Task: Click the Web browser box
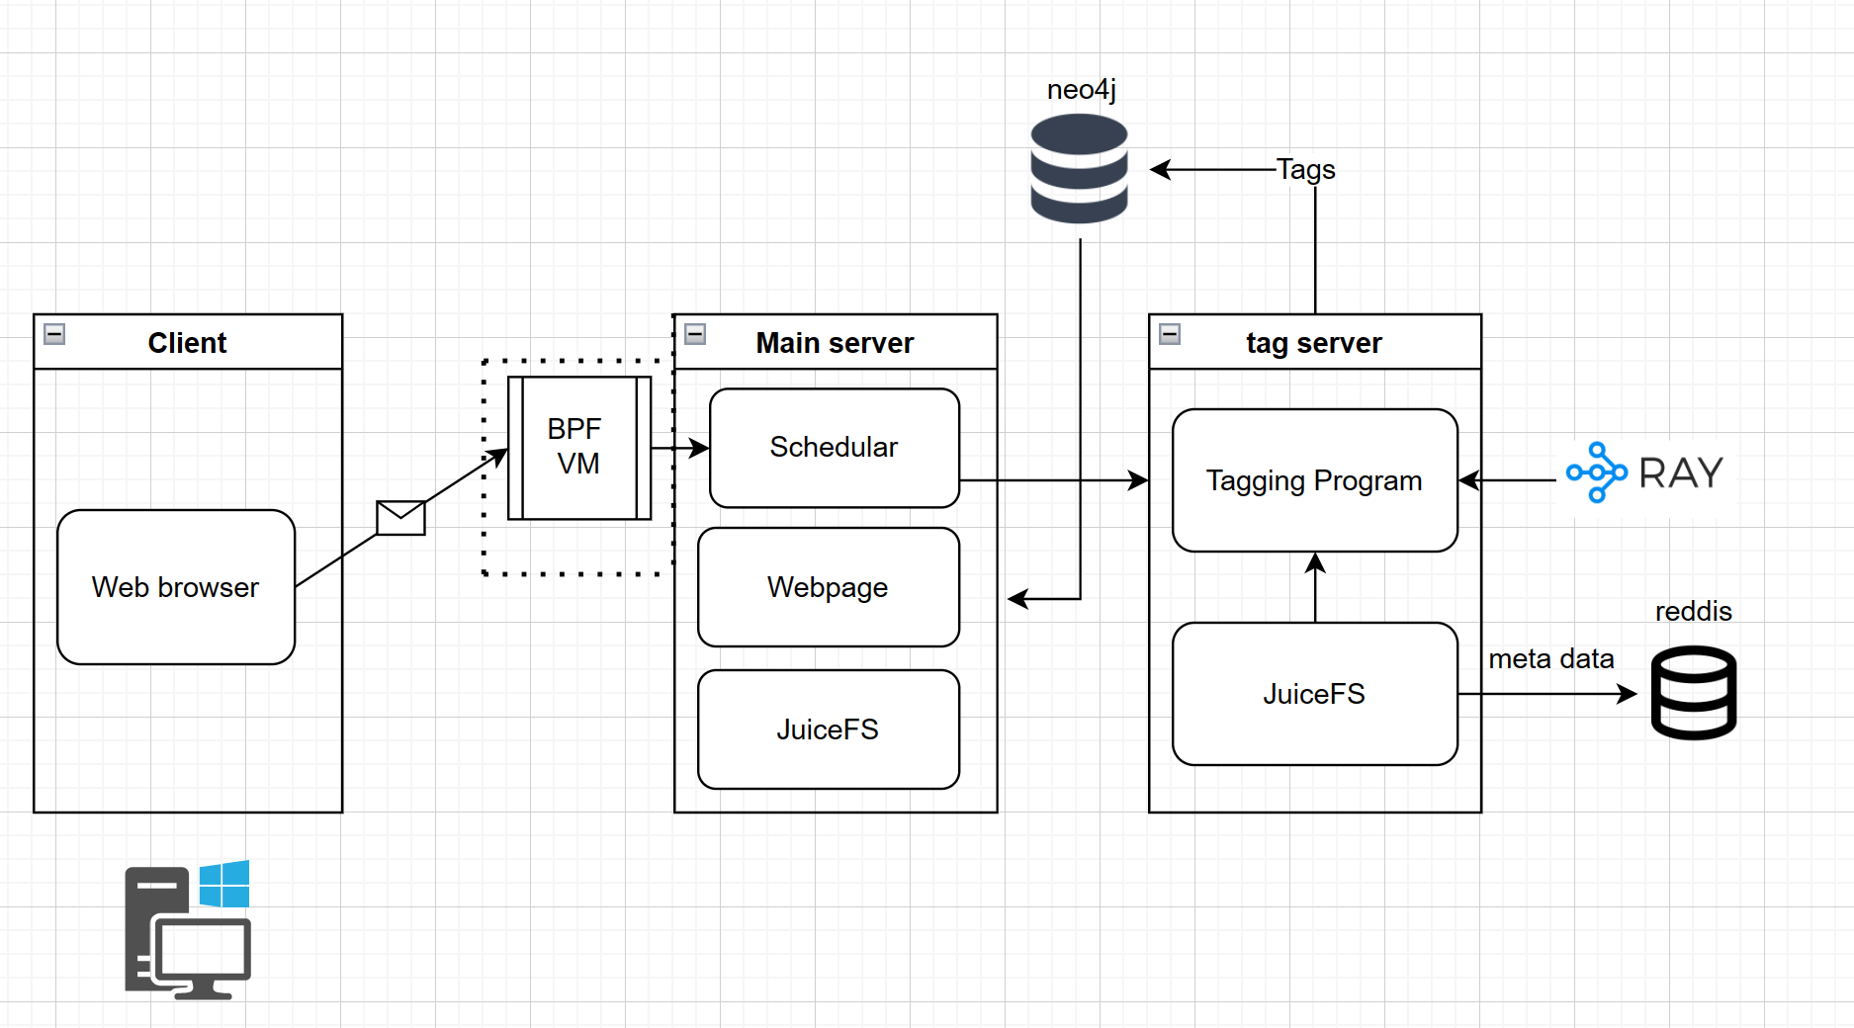pos(176,587)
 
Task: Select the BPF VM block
pos(578,447)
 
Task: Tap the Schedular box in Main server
pos(834,448)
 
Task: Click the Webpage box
pos(828,587)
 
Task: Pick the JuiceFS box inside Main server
pos(828,729)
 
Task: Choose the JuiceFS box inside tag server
pos(1314,694)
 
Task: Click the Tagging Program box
pos(1314,480)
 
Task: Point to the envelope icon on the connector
pos(400,517)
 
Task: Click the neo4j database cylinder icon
pos(1079,168)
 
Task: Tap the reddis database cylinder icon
pos(1693,692)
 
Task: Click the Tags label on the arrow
pos(1305,169)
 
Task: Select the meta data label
pos(1550,658)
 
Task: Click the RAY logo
pos(1645,472)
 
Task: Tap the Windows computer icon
pos(188,929)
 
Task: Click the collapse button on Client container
pos(54,334)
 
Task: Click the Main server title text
pos(835,343)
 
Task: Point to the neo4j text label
pos(1081,89)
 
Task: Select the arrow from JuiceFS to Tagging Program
pos(1315,587)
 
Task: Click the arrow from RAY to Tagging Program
pos(1508,480)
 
